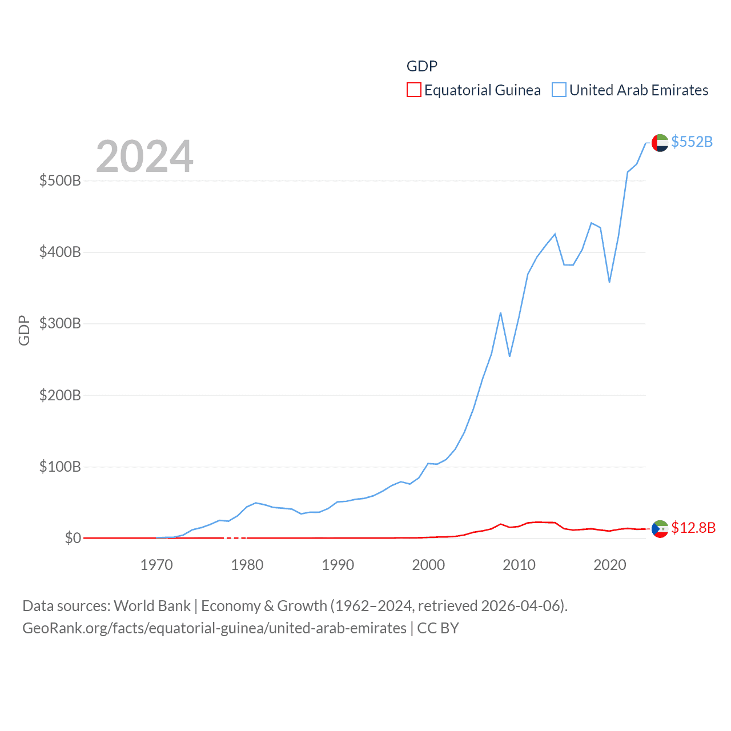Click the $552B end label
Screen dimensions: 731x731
[692, 142]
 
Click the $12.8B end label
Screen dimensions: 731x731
[693, 528]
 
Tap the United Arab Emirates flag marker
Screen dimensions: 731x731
[660, 143]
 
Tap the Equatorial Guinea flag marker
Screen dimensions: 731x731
[660, 529]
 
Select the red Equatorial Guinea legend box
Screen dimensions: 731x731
[414, 90]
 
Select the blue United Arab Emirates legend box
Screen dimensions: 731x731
[559, 90]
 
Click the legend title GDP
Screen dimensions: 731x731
[422, 66]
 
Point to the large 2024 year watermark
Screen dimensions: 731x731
[144, 156]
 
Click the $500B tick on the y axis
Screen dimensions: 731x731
[60, 181]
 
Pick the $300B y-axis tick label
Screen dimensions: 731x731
[60, 324]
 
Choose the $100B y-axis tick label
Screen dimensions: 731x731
[60, 467]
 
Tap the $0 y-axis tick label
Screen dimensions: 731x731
[73, 539]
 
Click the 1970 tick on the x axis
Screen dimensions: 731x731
[156, 565]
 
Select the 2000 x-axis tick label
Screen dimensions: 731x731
[428, 565]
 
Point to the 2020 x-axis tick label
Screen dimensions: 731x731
[610, 565]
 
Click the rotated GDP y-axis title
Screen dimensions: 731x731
[24, 330]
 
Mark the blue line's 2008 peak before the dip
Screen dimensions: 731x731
[500, 313]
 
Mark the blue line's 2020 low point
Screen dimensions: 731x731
[609, 282]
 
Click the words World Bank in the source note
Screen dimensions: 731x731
[152, 606]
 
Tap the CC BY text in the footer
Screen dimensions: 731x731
[438, 628]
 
